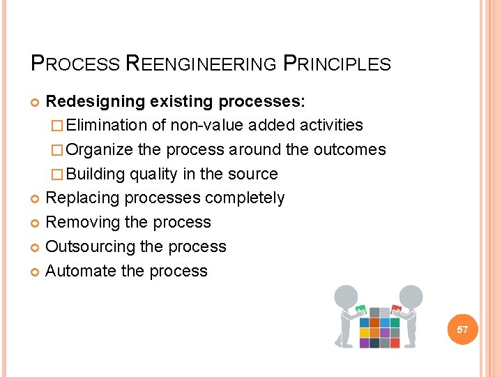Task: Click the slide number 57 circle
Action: point(462,328)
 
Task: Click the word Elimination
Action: point(107,126)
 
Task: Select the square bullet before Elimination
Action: point(59,126)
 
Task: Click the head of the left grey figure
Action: point(346,295)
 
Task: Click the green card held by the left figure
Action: point(361,309)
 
